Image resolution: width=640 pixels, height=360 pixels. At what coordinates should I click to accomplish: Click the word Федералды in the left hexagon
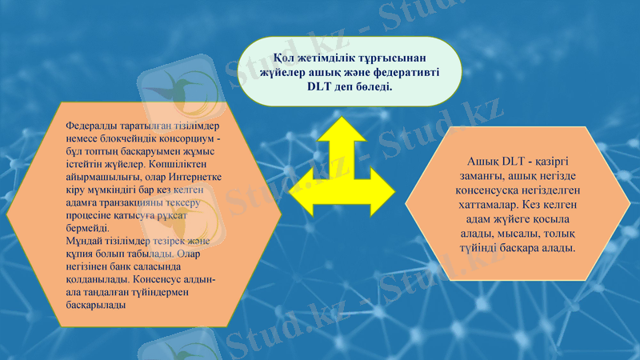(91, 126)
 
